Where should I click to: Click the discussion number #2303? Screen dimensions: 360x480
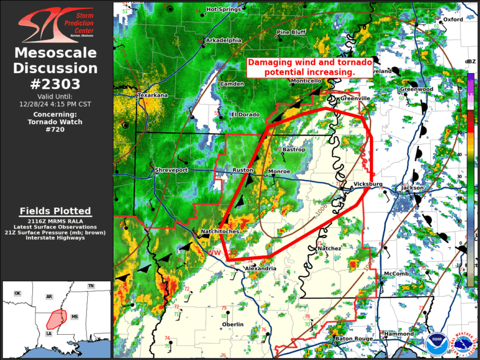[x=55, y=84]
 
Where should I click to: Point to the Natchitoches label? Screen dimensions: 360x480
[x=220, y=232]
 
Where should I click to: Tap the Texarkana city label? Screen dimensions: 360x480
[x=153, y=95]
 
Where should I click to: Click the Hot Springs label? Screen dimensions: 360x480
[x=223, y=9]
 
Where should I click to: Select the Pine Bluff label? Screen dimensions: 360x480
[x=291, y=32]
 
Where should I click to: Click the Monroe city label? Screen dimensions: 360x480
[x=279, y=171]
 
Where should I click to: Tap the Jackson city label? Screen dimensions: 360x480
[x=412, y=188]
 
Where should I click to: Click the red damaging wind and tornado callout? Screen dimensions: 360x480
[x=309, y=67]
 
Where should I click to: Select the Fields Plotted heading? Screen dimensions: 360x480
[x=55, y=211]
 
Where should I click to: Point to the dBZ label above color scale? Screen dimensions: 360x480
[x=470, y=62]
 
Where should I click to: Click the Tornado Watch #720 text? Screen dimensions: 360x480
[x=55, y=125]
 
